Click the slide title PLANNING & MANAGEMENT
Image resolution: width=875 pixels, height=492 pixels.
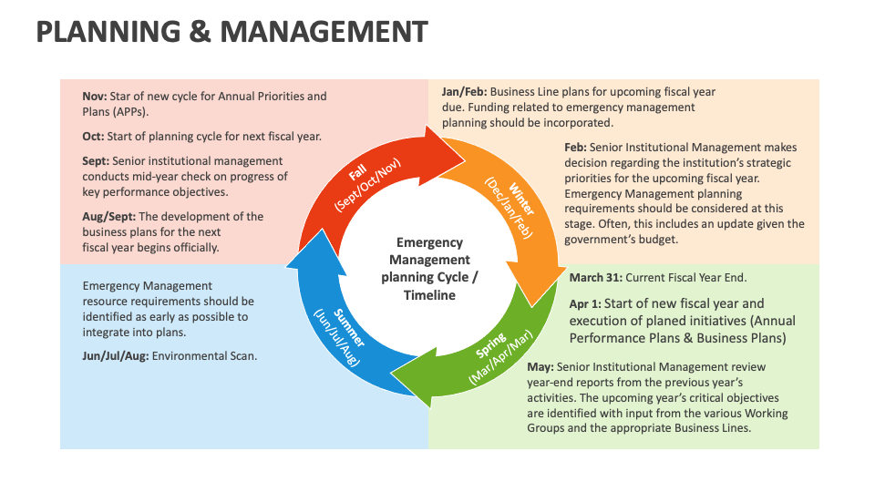pyautogui.click(x=232, y=32)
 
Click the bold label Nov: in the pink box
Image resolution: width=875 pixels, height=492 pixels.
pyautogui.click(x=95, y=96)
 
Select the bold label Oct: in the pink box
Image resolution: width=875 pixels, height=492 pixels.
pyautogui.click(x=94, y=137)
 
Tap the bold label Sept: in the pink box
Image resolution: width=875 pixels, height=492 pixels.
pyautogui.click(x=97, y=160)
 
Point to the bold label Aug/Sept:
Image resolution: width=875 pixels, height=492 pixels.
pyautogui.click(x=109, y=216)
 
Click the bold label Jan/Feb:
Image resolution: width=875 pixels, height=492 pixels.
pyautogui.click(x=465, y=91)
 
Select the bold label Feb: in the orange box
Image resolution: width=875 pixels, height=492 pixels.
pyautogui.click(x=575, y=147)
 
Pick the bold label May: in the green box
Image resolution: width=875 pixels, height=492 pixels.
pyautogui.click(x=540, y=366)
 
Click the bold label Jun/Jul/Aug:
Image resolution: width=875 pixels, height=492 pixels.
pyautogui.click(x=116, y=355)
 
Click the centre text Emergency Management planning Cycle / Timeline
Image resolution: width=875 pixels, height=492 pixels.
pyautogui.click(x=429, y=269)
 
